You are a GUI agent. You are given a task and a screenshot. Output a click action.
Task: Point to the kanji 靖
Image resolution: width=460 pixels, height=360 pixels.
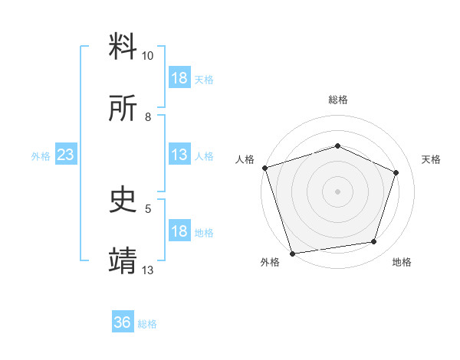click(x=123, y=261)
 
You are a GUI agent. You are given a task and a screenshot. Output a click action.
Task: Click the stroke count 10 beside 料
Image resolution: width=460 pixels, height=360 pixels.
click(x=147, y=56)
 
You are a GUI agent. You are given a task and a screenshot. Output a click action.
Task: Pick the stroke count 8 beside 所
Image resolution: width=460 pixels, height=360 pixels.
click(x=148, y=116)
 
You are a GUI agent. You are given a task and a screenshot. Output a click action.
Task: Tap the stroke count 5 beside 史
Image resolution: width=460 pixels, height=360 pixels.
click(x=148, y=208)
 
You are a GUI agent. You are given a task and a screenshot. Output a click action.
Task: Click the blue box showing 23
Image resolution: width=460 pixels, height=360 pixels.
click(x=66, y=155)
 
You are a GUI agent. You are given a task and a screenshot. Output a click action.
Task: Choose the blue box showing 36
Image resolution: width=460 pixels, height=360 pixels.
click(x=123, y=322)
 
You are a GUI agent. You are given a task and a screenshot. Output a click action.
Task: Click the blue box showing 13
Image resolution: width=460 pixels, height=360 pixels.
click(x=179, y=155)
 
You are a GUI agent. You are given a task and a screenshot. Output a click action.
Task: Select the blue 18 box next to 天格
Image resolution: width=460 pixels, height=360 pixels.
click(x=179, y=78)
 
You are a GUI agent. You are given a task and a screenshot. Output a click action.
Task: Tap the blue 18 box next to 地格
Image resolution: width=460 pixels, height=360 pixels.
click(x=179, y=232)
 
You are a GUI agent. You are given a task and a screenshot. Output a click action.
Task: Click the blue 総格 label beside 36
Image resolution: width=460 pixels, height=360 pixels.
click(x=147, y=324)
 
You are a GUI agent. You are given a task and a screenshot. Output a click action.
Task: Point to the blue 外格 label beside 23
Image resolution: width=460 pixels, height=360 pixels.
click(x=41, y=156)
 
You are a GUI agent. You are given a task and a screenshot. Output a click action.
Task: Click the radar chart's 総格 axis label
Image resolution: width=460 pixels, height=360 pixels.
click(x=337, y=100)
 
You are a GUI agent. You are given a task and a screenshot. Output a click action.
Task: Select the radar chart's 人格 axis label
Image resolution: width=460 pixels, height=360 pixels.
click(x=245, y=159)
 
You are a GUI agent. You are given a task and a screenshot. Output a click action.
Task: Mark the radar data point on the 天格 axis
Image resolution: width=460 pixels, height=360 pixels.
click(x=396, y=172)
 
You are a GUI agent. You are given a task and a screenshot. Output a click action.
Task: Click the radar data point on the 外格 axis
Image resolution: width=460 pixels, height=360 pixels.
click(x=292, y=253)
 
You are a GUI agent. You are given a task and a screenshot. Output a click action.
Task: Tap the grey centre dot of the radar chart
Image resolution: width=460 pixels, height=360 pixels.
click(x=337, y=191)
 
